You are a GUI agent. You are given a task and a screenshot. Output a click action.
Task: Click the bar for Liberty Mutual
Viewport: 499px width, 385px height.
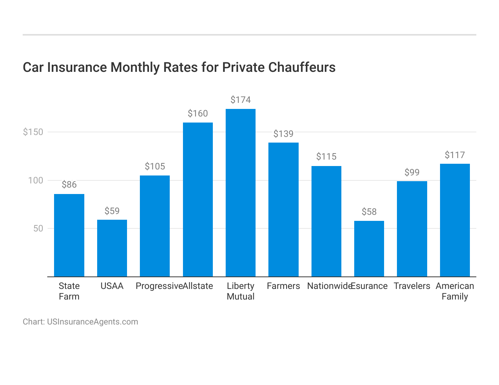click(x=240, y=193)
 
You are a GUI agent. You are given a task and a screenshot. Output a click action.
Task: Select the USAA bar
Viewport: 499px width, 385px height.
click(x=112, y=248)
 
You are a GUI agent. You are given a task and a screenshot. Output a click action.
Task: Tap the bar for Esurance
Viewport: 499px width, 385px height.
click(x=369, y=249)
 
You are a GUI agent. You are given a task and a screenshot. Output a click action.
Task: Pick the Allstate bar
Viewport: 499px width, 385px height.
click(x=198, y=200)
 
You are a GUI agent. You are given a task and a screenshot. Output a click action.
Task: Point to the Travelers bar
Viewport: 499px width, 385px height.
click(x=412, y=229)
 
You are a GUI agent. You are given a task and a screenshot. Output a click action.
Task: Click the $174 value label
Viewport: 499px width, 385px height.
click(x=240, y=100)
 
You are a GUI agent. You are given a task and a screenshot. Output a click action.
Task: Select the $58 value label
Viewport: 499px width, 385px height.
click(x=369, y=212)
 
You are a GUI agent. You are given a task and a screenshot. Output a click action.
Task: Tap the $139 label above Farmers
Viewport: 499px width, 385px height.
click(x=284, y=134)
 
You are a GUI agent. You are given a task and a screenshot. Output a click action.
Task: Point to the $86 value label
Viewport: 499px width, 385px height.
click(x=69, y=185)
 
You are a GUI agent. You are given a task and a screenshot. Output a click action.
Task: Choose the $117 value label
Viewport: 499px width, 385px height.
click(x=455, y=155)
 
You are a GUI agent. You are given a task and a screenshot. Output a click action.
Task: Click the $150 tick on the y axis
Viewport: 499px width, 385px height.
click(x=33, y=132)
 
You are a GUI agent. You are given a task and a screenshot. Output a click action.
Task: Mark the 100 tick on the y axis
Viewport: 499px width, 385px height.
click(x=36, y=180)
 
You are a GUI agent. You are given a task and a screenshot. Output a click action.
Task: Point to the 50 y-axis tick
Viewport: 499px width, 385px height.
click(x=38, y=228)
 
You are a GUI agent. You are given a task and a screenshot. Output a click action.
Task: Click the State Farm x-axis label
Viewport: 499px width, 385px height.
click(x=69, y=291)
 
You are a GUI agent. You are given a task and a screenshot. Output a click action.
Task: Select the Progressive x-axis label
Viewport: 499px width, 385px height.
click(x=159, y=286)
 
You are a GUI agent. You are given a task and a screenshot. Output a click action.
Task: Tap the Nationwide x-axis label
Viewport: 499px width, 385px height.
click(x=329, y=286)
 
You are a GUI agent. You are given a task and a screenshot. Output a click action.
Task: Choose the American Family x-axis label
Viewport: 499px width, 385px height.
click(x=455, y=291)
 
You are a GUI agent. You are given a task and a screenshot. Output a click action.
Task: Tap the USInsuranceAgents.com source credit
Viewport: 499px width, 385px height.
click(x=92, y=322)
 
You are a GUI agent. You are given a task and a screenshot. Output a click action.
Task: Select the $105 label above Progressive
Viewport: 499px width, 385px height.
click(x=155, y=166)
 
